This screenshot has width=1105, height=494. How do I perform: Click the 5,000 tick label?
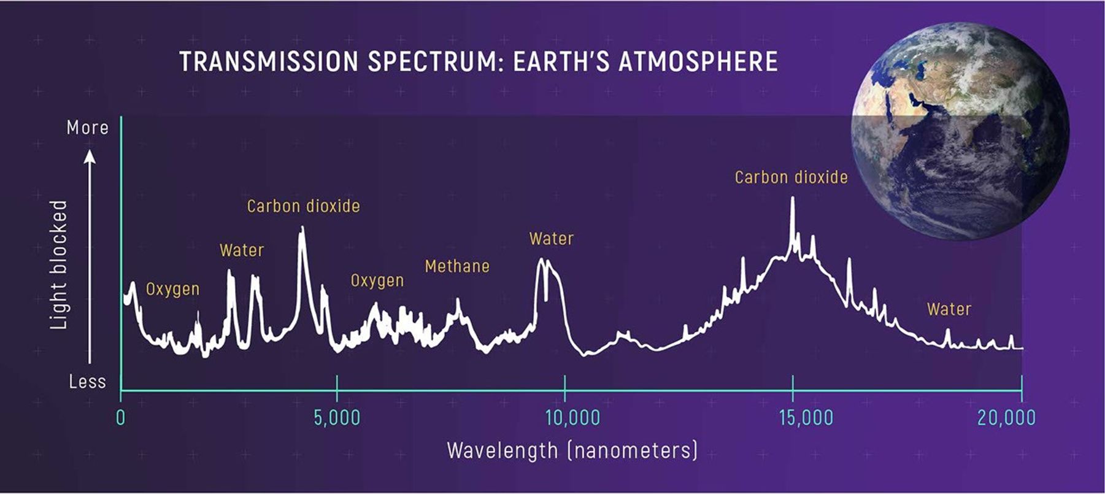coord(337,418)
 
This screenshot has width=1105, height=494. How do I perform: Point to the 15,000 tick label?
coord(806,418)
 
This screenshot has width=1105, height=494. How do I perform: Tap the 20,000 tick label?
coord(1006,418)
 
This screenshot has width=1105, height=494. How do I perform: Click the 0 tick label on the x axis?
coord(121,418)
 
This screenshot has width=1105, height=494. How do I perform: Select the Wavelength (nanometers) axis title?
coord(572,450)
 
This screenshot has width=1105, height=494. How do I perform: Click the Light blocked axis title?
coord(59,264)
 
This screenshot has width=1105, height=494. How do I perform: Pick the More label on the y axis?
coord(88,128)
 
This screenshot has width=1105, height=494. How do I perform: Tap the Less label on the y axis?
coord(88,382)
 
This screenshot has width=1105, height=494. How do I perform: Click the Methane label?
coord(457,266)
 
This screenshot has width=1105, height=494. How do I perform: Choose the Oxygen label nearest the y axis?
coord(172,289)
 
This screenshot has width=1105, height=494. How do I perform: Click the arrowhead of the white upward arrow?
coord(90,158)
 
